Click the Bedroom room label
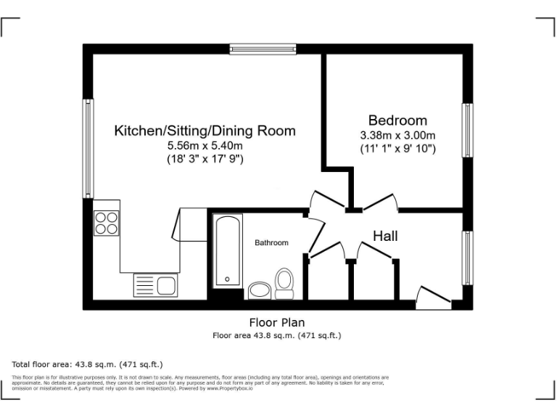tap(397, 120)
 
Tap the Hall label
tap(385, 237)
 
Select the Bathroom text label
tap(271, 243)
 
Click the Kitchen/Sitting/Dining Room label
tap(205, 131)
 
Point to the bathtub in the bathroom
tap(226, 250)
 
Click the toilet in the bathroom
tap(284, 283)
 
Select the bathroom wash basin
tap(258, 291)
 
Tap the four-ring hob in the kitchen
tap(106, 222)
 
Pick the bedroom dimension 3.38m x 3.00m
tap(397, 136)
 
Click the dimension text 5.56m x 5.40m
tap(205, 146)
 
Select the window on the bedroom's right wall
tap(469, 130)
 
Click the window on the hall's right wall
tap(469, 258)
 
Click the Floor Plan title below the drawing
tap(277, 322)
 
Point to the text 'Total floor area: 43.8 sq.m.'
tap(87, 364)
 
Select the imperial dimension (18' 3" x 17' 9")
tap(205, 159)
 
